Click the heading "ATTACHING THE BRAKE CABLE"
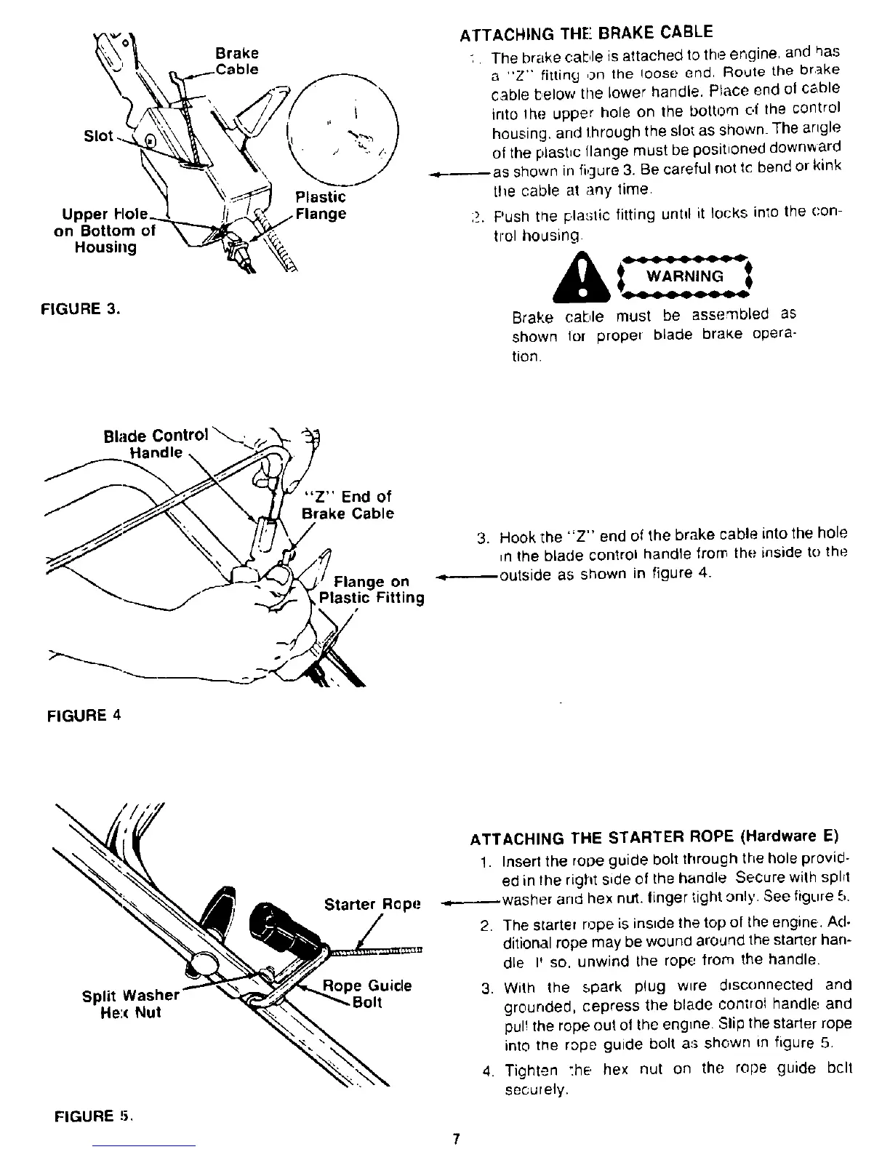point(586,33)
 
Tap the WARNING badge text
point(686,276)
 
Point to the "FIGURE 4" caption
point(83,713)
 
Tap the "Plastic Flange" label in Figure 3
point(321,206)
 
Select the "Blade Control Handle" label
point(156,444)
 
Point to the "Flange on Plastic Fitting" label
point(372,590)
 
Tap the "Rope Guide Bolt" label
point(368,994)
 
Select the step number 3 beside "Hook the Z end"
point(481,539)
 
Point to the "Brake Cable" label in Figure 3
point(238,62)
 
